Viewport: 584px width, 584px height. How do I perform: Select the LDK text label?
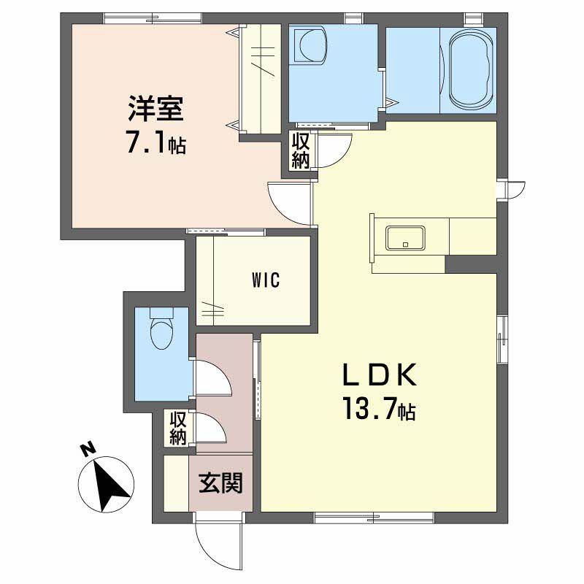[380, 376]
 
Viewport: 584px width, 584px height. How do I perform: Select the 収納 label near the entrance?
[178, 428]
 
